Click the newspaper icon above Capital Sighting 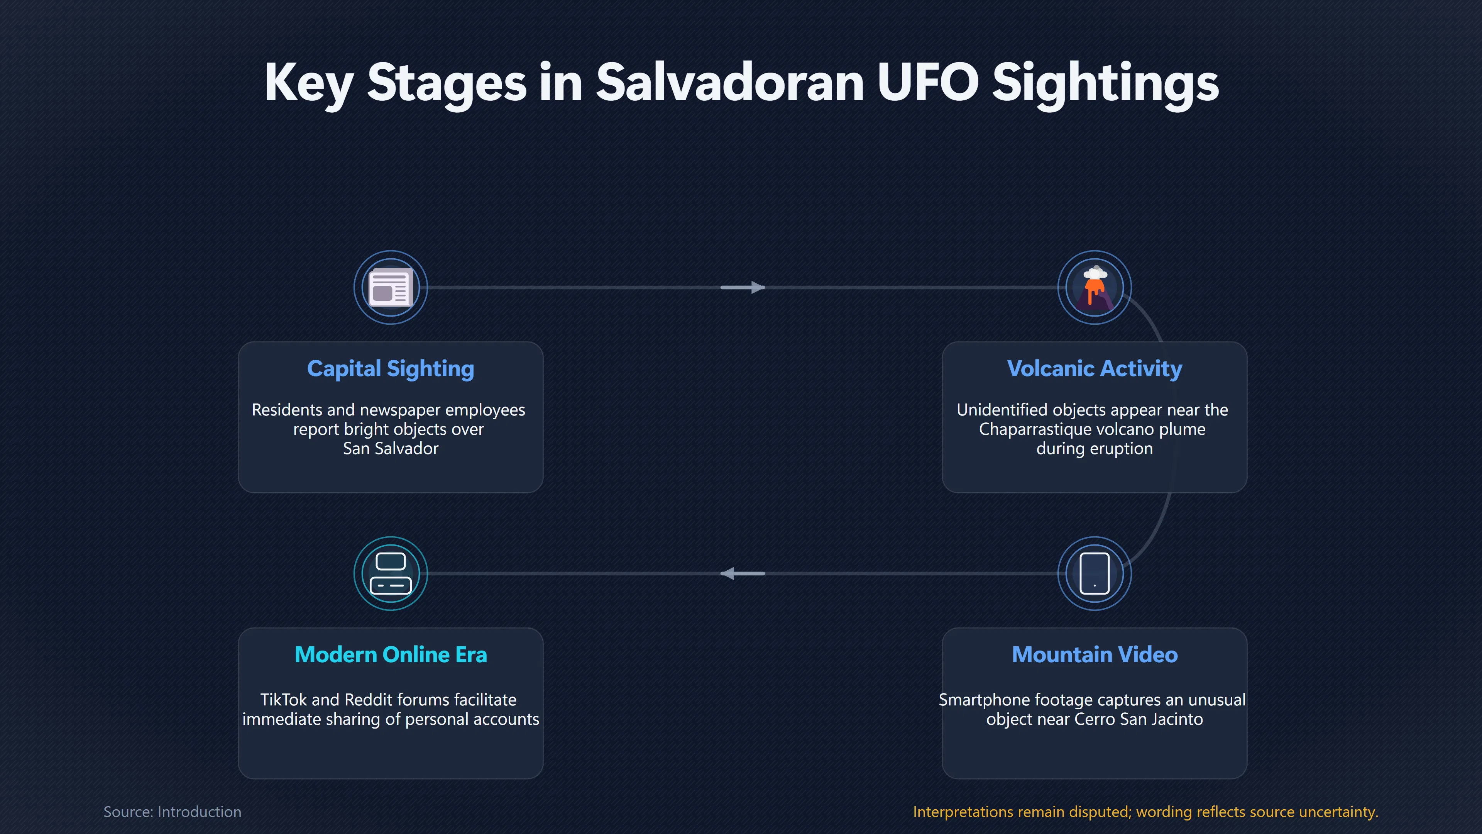pyautogui.click(x=391, y=287)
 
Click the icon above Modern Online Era pyautogui.click(x=391, y=573)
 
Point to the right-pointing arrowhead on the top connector pyautogui.click(x=758, y=287)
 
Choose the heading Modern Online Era pyautogui.click(x=391, y=654)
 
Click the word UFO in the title pyautogui.click(x=927, y=82)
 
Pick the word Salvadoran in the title pyautogui.click(x=729, y=82)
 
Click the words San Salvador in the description pyautogui.click(x=391, y=448)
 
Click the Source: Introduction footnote pyautogui.click(x=172, y=812)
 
